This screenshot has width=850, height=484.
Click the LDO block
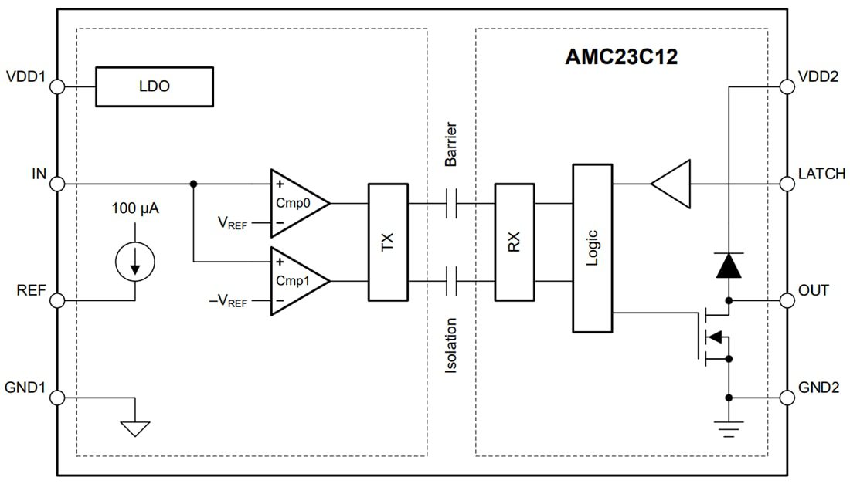pos(154,86)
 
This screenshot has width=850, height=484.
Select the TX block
pos(387,242)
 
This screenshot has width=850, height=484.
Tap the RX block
pos(514,242)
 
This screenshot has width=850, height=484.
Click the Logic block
pos(592,248)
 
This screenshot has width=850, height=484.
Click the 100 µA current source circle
pos(135,262)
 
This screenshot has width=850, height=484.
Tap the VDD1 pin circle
pos(56,86)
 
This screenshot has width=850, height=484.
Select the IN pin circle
pos(56,184)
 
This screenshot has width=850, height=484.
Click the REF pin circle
pos(56,300)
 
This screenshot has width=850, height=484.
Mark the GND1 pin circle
pos(56,398)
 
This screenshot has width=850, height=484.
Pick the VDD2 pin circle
pos(787,86)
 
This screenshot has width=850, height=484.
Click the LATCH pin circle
pos(787,184)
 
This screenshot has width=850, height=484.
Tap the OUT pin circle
pos(787,300)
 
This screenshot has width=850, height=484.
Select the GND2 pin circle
pos(787,398)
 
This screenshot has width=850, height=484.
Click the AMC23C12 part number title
pos(621,56)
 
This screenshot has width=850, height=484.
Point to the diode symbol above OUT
pos(728,265)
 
